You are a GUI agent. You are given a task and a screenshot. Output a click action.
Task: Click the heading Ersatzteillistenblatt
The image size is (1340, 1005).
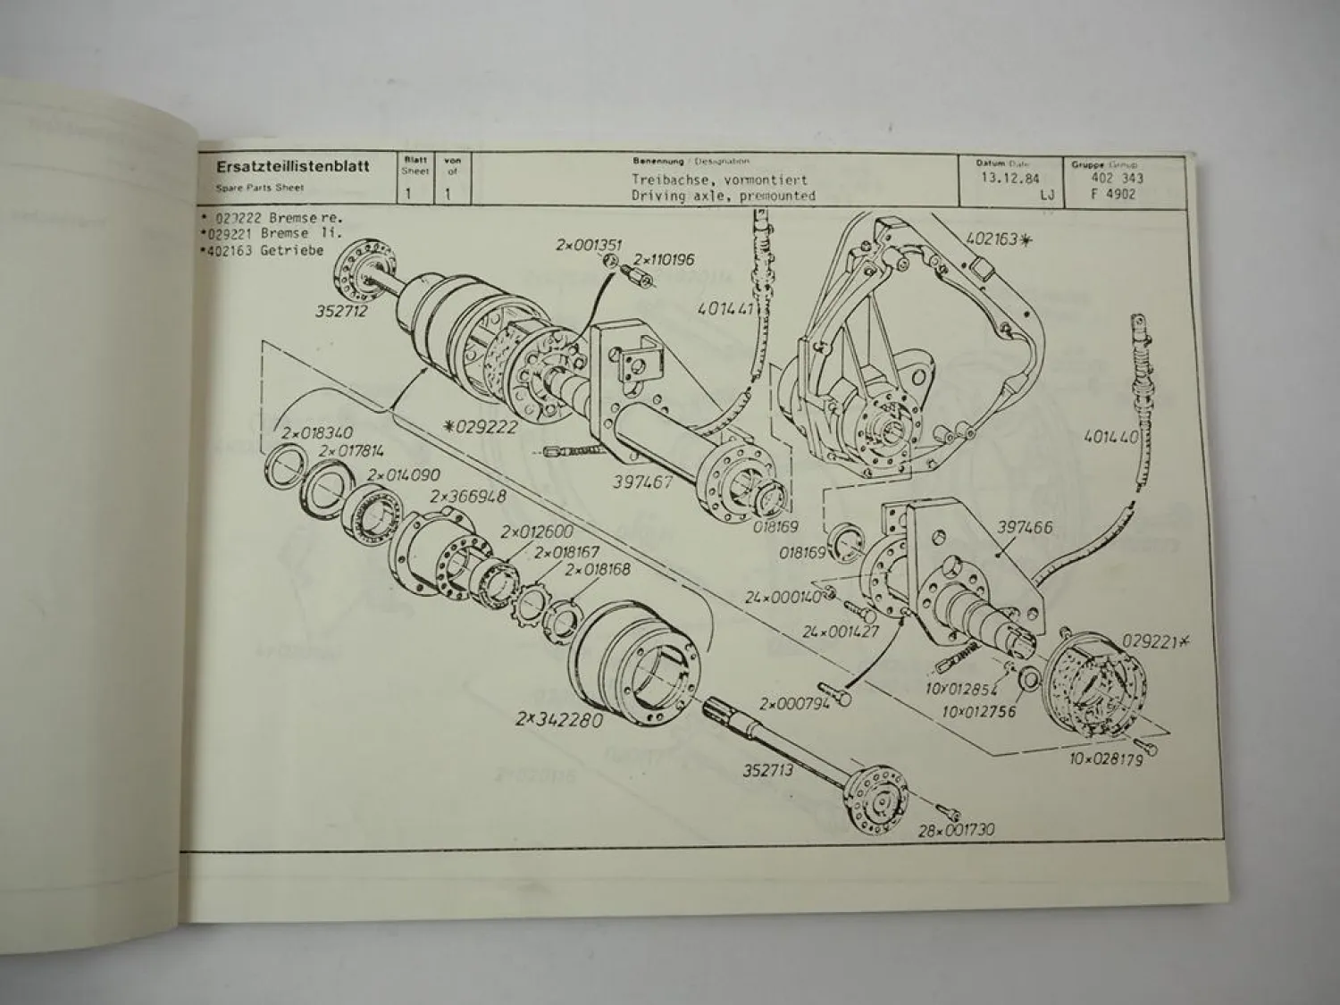292,167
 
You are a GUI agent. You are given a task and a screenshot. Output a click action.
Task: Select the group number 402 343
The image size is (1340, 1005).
1117,179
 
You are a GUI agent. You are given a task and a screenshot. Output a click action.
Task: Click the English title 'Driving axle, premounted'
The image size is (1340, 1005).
723,195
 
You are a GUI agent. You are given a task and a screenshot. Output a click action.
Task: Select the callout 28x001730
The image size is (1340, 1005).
956,831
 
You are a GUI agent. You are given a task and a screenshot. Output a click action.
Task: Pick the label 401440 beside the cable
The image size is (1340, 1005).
1110,438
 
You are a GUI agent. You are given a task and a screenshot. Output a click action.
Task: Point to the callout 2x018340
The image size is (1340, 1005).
318,433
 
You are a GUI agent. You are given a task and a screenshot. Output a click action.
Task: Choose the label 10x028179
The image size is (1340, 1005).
1106,759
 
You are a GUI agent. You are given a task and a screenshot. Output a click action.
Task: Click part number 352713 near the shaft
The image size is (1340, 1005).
768,770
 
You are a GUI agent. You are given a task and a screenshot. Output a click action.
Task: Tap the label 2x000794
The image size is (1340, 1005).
794,703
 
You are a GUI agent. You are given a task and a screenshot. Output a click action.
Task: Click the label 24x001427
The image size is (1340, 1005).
841,631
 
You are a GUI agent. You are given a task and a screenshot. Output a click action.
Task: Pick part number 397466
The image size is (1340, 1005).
1023,527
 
